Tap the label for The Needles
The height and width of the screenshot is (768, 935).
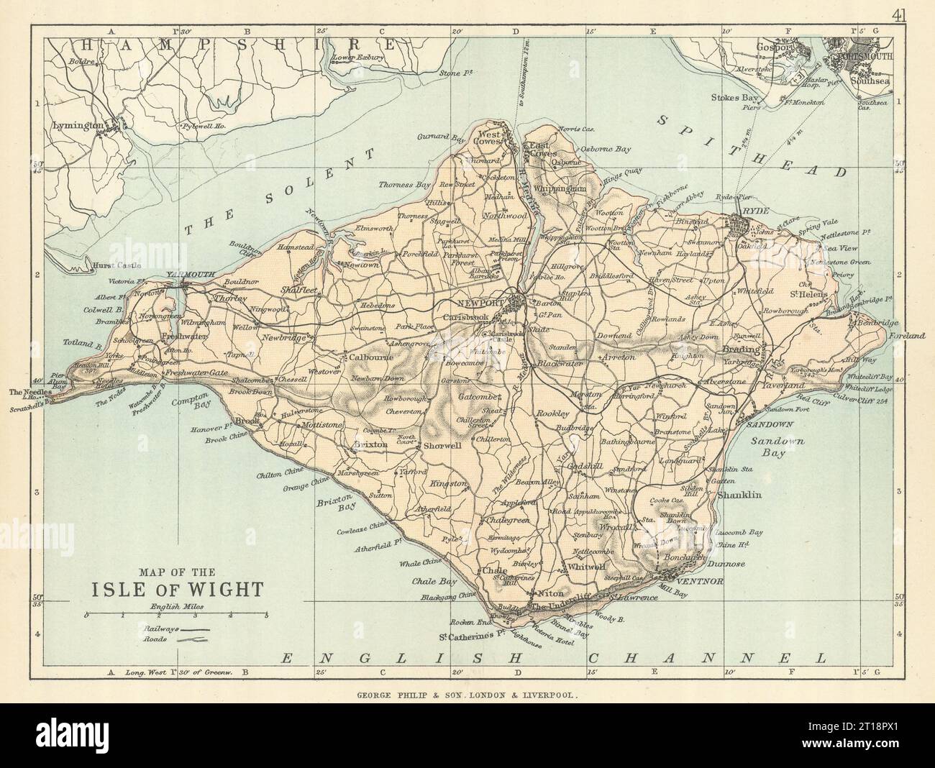[x=24, y=392]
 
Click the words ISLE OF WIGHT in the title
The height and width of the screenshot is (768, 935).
[x=175, y=588]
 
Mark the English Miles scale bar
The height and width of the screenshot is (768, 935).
[x=176, y=616]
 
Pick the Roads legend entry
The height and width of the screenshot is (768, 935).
[x=176, y=639]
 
